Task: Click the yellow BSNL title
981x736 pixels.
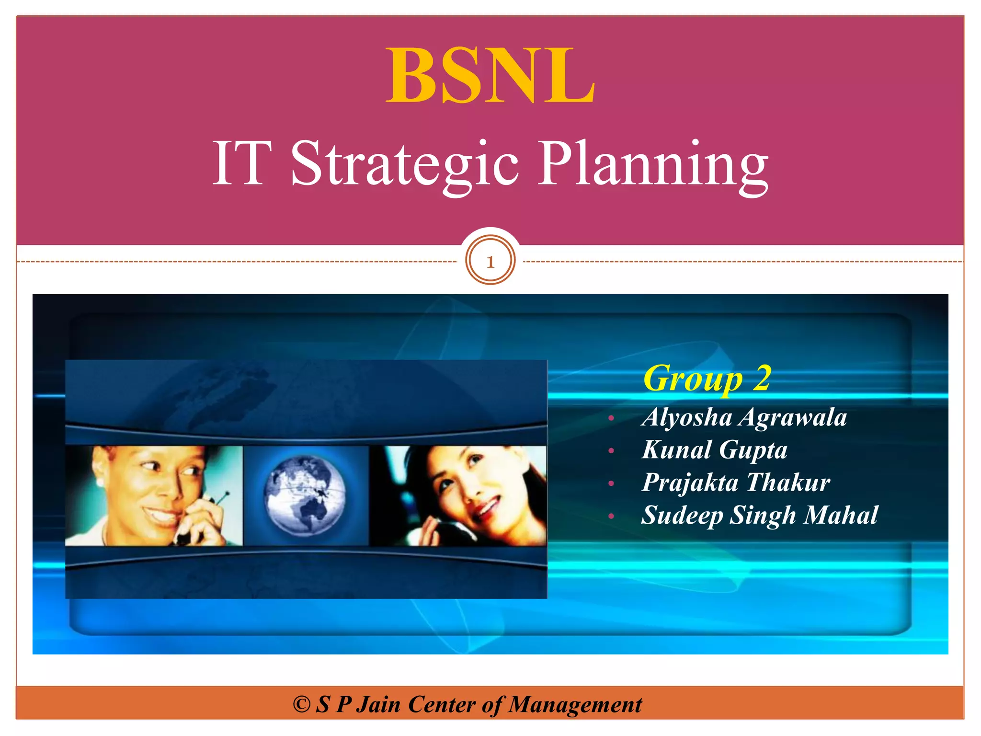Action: click(490, 76)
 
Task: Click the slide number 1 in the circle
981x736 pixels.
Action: click(490, 262)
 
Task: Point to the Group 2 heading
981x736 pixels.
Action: click(707, 378)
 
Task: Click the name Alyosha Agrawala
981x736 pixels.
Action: click(744, 417)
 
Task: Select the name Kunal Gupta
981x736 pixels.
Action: click(714, 450)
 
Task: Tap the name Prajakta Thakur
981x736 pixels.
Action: click(736, 483)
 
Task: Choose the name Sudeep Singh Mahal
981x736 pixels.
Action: click(759, 515)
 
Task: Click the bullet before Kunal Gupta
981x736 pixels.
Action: click(611, 451)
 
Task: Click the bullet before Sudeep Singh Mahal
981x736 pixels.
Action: click(611, 517)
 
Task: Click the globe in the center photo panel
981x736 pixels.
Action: click(305, 495)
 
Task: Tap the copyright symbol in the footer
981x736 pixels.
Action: click(301, 704)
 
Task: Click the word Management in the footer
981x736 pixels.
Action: click(575, 704)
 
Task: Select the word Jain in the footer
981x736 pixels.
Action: click(378, 704)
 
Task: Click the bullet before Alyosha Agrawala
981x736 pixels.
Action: click(611, 418)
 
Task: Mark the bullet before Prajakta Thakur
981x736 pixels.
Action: click(611, 484)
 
